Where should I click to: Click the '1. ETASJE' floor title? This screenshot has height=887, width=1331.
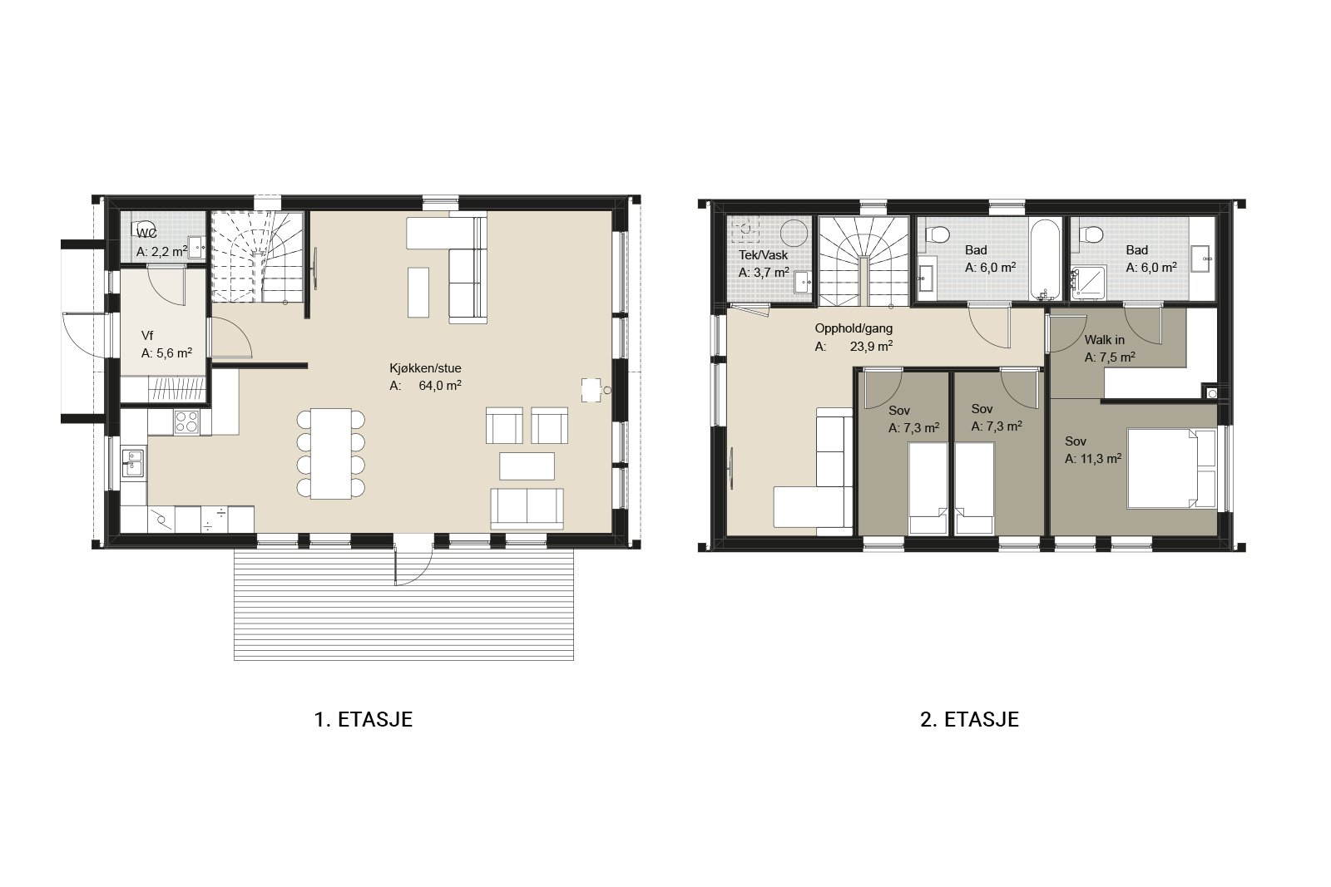[x=363, y=720]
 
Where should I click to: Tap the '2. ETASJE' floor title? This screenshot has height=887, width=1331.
[x=970, y=720]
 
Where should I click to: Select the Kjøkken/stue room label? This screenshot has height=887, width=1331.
[x=425, y=368]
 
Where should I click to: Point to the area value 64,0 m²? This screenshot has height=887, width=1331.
[x=440, y=386]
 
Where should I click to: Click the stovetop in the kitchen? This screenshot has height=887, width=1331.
[x=186, y=421]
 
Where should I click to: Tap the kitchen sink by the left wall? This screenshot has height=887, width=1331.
[x=132, y=463]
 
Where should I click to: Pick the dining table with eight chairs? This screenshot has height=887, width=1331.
[x=331, y=453]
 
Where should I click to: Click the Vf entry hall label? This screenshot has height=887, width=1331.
[x=147, y=336]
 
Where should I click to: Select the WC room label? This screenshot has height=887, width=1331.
[x=146, y=233]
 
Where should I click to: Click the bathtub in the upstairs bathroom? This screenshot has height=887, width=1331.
[x=1045, y=259]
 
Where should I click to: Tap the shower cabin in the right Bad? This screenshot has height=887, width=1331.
[x=1089, y=282]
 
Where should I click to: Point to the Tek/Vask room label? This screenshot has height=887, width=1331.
[x=763, y=255]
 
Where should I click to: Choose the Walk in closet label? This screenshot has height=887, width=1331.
[x=1105, y=340]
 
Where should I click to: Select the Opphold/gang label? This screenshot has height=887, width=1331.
[x=854, y=328]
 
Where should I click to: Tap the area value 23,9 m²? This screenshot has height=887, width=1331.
[x=871, y=346]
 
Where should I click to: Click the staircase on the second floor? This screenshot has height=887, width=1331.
[x=864, y=261]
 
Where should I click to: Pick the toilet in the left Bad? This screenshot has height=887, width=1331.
[x=938, y=234]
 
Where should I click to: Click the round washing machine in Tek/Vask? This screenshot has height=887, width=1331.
[x=794, y=233]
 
